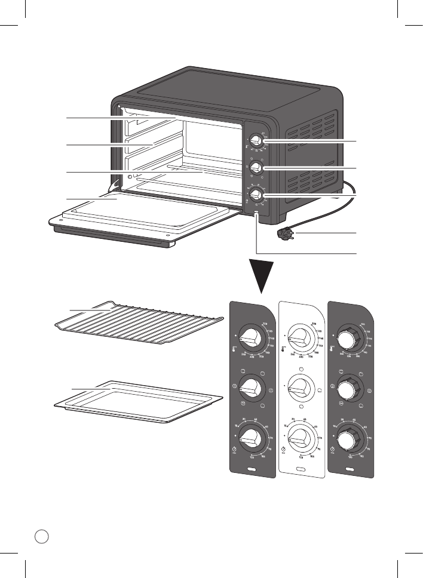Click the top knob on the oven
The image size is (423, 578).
(255, 142)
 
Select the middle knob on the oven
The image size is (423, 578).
(255, 167)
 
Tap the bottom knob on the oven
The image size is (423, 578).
(256, 194)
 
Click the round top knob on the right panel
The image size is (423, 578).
(347, 338)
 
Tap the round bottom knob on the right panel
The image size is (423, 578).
(347, 441)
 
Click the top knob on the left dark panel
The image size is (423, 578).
(253, 339)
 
